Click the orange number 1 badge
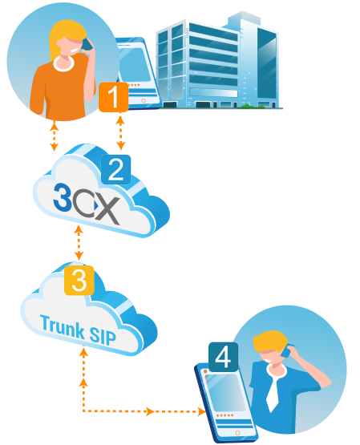coord(114,97)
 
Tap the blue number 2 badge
coord(115,169)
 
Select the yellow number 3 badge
coord(79,281)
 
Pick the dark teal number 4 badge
coord(223,357)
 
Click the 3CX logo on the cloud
coord(87,203)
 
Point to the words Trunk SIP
coord(79,330)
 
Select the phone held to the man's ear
coord(287,350)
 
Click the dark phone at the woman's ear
coord(87,45)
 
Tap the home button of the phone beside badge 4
coord(238,432)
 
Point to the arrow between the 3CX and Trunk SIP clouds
coord(79,243)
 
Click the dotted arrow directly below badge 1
coord(120,132)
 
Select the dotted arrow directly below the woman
coord(54,136)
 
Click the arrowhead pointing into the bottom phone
coord(202,411)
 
